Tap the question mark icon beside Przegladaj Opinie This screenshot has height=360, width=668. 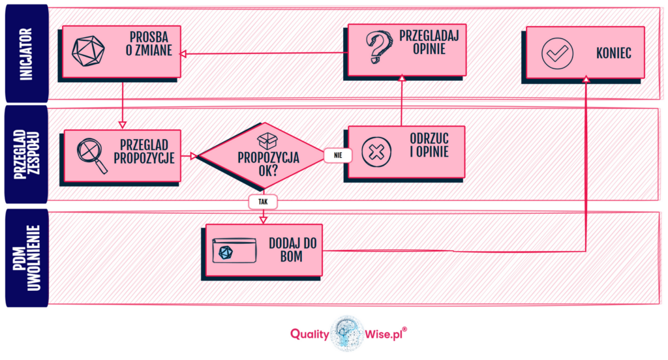click(376, 48)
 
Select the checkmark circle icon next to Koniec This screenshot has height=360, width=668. click(558, 53)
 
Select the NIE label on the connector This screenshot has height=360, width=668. click(338, 155)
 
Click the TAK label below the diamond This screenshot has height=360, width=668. click(263, 202)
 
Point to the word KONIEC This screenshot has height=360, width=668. click(613, 53)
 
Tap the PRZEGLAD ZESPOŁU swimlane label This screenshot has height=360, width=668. click(27, 155)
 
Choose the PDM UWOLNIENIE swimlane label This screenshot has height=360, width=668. click(27, 258)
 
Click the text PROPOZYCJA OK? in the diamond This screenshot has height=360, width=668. click(267, 163)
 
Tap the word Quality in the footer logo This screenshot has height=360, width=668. click(310, 333)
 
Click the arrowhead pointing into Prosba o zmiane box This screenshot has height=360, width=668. click(183, 53)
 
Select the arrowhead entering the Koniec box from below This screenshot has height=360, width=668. click(586, 79)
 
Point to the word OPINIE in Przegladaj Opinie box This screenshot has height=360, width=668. click(429, 49)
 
